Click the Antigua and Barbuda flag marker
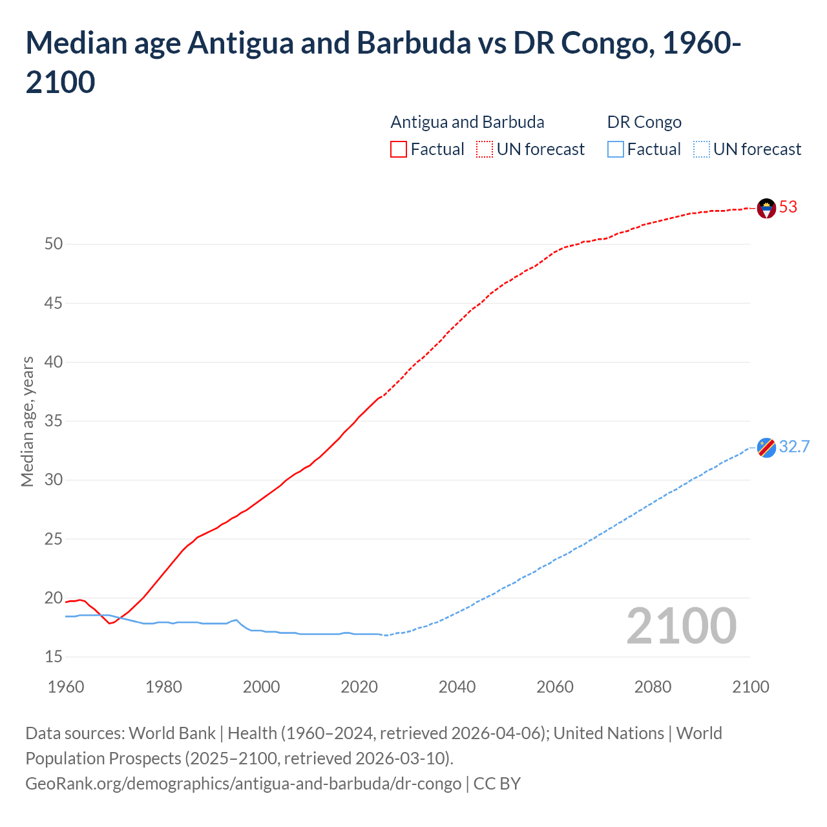[766, 208]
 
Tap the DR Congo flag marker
[766, 448]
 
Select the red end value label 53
[788, 207]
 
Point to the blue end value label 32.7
[794, 447]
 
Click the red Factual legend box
[399, 149]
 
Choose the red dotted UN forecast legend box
[485, 149]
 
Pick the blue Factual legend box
[616, 149]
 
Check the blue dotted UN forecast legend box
[701, 149]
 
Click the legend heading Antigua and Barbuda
[467, 122]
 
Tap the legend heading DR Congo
[644, 122]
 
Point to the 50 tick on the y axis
[54, 244]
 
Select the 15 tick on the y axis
[54, 657]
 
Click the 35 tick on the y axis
[54, 421]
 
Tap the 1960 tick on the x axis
[66, 687]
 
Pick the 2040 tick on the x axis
[457, 687]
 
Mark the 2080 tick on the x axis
[653, 687]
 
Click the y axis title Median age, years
[27, 421]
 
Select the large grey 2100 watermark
[682, 625]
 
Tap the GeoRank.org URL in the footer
[243, 784]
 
